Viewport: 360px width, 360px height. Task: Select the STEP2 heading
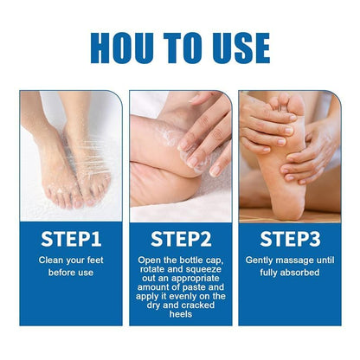click(x=181, y=237)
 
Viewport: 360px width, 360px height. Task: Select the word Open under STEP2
click(x=150, y=260)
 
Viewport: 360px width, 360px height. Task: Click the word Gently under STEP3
click(x=261, y=260)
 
